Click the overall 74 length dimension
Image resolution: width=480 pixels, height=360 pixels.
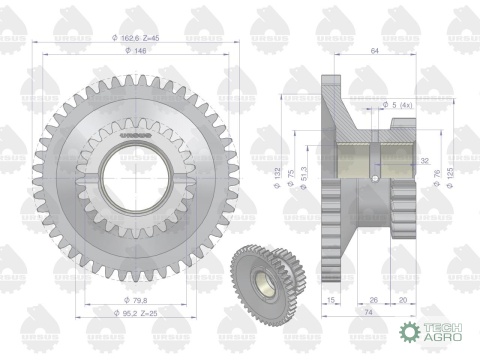[366, 312]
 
